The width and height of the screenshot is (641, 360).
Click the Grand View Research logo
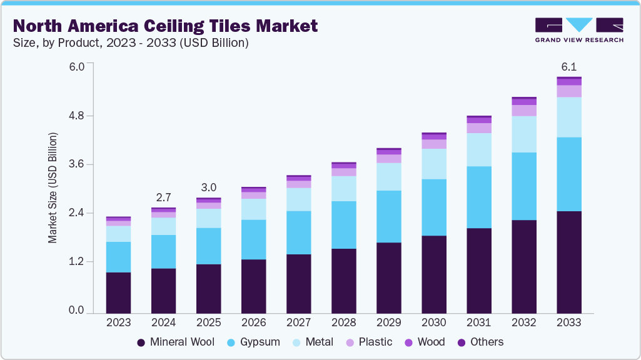(578, 29)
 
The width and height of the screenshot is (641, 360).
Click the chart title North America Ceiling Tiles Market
(166, 26)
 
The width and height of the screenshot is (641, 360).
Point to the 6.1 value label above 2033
(568, 67)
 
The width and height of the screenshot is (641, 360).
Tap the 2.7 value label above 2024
(163, 197)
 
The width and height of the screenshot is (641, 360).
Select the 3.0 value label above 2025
(208, 187)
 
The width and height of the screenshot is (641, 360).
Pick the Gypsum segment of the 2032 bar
(523, 186)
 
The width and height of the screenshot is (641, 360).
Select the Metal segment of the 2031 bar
(478, 149)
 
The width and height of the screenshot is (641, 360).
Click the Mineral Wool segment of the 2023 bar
(118, 292)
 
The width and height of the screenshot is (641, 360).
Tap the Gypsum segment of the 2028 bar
(343, 225)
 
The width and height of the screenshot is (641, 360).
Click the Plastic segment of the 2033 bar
(568, 91)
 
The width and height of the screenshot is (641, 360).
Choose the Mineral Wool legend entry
(176, 342)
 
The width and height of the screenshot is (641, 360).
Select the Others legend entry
(480, 342)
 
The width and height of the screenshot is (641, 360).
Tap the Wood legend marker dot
(408, 342)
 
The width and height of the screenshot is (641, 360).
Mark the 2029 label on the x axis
(388, 322)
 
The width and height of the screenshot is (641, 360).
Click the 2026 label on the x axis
(253, 322)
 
